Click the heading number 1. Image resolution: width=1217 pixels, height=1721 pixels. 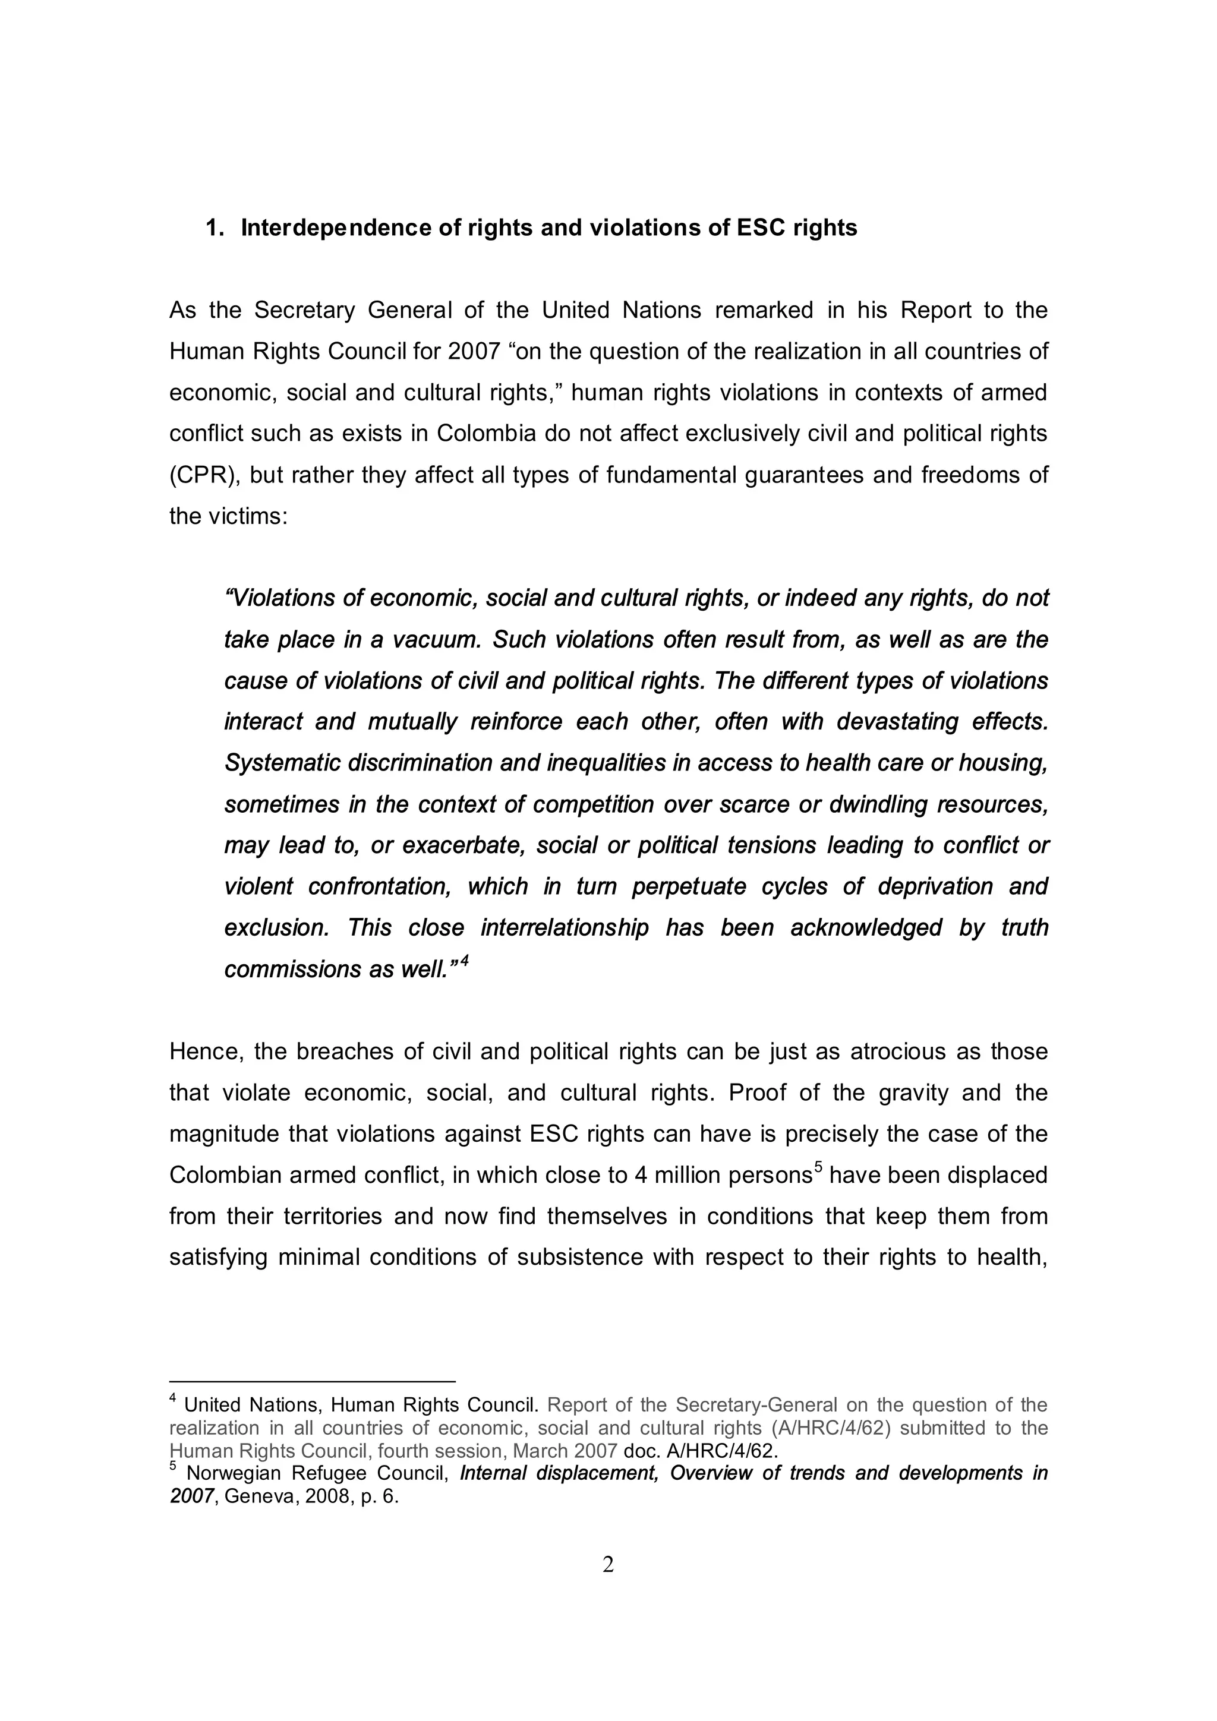click(x=212, y=228)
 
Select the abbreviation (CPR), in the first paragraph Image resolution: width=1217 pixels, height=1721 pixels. click(x=201, y=475)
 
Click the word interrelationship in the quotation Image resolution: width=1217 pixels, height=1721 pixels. click(x=565, y=929)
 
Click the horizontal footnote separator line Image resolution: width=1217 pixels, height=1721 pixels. click(x=312, y=1381)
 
